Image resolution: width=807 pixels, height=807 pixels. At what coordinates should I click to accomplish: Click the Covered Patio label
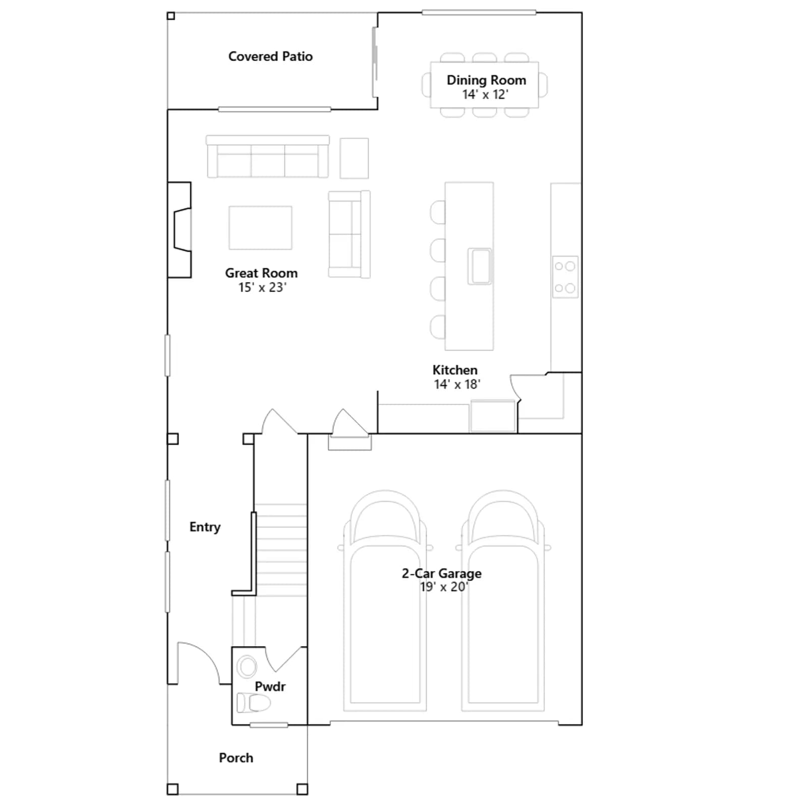coord(270,56)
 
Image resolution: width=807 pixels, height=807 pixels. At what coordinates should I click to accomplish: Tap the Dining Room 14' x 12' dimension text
coord(485,95)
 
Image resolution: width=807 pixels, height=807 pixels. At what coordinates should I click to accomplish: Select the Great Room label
coord(261,273)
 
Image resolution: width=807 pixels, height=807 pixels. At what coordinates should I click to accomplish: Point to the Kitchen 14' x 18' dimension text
coord(457,384)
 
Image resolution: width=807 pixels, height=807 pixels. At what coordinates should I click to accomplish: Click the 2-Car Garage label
coord(442,573)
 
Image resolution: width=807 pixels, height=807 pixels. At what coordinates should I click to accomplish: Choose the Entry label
coord(205,527)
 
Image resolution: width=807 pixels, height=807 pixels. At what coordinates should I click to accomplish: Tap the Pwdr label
coord(270,686)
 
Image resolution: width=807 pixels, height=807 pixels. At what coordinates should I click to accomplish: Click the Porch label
coord(236,758)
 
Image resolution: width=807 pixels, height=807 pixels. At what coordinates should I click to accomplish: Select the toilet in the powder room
coord(254,702)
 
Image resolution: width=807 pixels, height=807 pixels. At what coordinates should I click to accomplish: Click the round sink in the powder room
coord(247,666)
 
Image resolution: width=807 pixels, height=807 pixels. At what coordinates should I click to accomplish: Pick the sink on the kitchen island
coord(479,266)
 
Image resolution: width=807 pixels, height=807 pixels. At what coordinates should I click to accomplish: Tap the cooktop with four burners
coord(565,277)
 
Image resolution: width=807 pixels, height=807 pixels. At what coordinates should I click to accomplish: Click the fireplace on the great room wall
coord(180,229)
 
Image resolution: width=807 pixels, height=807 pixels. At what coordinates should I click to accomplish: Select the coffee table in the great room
coord(260,227)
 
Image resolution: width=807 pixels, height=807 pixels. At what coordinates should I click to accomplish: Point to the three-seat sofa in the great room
coord(268,156)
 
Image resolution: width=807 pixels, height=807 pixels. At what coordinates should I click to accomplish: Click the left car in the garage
coord(385,600)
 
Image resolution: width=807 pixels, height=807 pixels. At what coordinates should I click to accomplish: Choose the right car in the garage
coord(503,600)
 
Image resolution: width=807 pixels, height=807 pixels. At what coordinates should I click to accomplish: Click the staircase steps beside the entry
coord(281,550)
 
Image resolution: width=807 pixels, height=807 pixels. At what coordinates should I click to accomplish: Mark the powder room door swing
coord(285,659)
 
